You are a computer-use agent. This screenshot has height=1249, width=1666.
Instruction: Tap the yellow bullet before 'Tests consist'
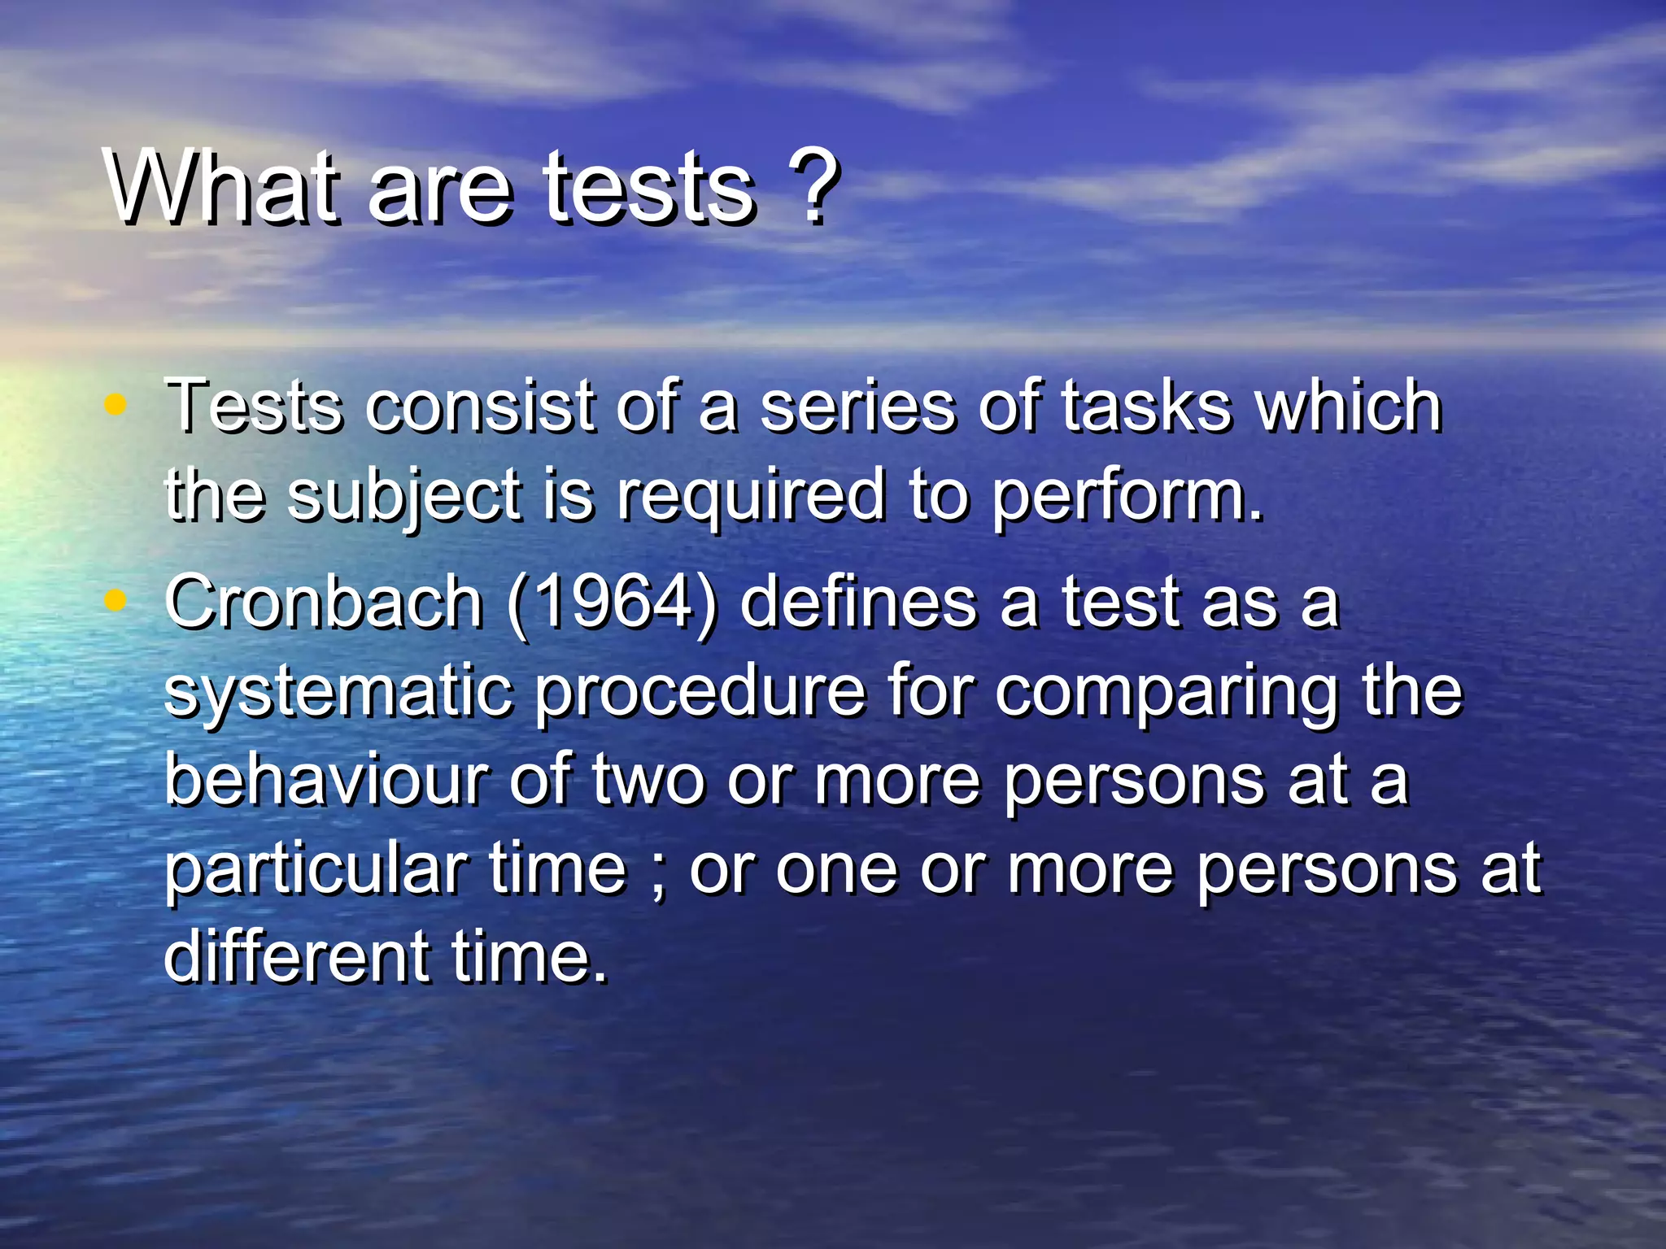click(116, 403)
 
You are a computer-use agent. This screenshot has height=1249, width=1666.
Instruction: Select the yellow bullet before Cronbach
click(116, 600)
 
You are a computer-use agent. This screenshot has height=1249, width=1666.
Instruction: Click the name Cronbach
click(324, 603)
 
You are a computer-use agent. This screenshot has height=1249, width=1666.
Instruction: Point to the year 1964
click(613, 603)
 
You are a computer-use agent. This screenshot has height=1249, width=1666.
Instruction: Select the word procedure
click(700, 692)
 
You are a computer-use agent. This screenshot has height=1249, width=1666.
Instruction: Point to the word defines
click(857, 603)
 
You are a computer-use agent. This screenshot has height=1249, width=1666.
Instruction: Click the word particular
click(314, 870)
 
